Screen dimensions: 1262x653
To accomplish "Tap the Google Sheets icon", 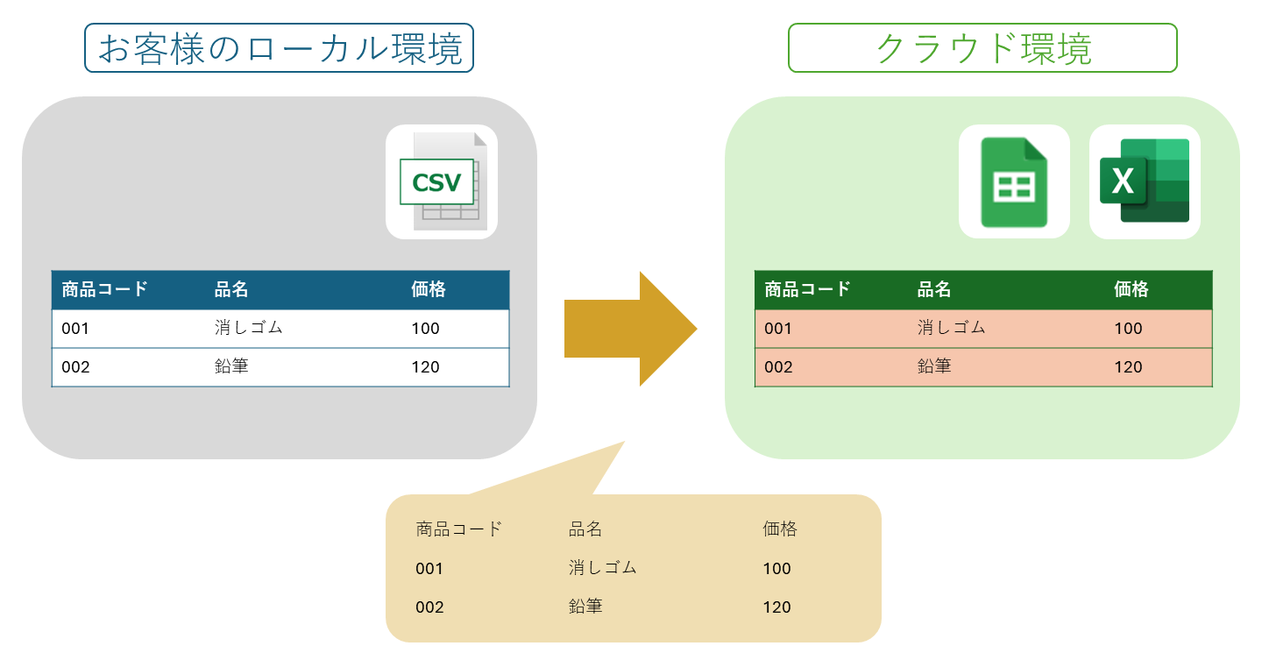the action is click(1014, 182).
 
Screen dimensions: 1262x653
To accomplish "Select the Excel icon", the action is click(1145, 181).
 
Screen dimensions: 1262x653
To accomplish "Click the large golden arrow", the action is click(630, 329).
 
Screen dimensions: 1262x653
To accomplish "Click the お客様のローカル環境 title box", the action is click(279, 48).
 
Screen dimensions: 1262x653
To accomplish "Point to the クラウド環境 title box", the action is click(982, 48).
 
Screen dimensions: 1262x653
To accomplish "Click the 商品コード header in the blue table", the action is click(104, 289).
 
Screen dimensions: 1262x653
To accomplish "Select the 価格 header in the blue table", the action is click(429, 289).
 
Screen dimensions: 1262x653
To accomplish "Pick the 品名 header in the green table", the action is click(934, 289).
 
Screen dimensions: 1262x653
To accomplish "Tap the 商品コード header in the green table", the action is click(807, 289).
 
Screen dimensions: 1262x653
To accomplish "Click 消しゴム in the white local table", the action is click(249, 328).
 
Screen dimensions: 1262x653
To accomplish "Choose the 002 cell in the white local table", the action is click(75, 367).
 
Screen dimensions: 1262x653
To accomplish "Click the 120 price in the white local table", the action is click(425, 367).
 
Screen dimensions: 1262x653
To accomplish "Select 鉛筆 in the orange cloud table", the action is click(934, 366).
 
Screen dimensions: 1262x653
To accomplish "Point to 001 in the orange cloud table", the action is click(778, 329).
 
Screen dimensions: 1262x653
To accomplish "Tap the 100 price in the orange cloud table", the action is click(1128, 329).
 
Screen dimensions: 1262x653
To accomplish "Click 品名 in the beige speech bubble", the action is click(585, 529).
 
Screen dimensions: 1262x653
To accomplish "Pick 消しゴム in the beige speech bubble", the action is click(602, 567).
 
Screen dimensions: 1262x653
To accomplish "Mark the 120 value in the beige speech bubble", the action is click(776, 607).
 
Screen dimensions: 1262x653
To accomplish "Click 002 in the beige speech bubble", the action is click(429, 607).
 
